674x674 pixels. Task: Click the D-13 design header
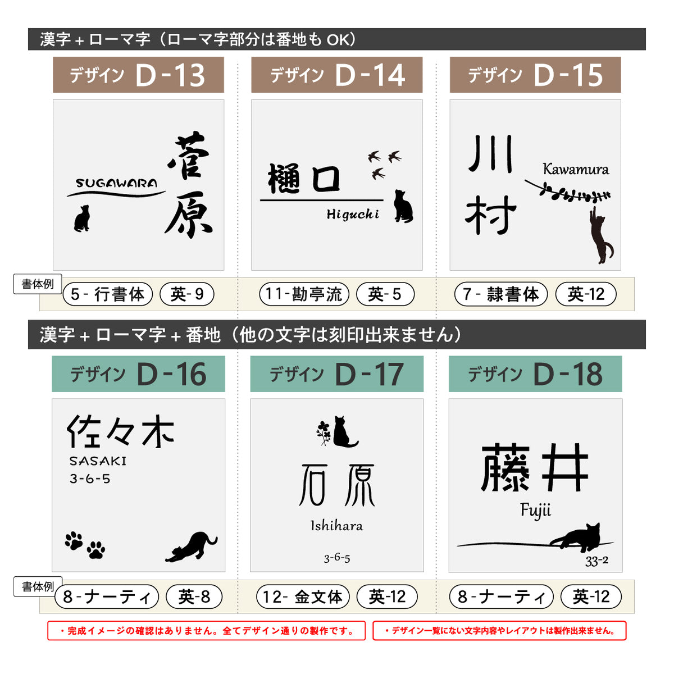coord(138,75)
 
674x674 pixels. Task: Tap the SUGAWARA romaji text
coord(116,183)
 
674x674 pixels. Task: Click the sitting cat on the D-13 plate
coord(82,218)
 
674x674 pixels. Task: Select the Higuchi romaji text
coord(353,215)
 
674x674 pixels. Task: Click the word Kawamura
coord(576,169)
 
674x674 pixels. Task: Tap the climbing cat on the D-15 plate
coord(601,235)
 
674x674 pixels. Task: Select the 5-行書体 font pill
coord(108,294)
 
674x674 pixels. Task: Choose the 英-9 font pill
coord(187,294)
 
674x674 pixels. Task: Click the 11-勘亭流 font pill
coord(304,294)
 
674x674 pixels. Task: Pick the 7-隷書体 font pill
coord(501,294)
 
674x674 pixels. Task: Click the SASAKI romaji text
coord(98,461)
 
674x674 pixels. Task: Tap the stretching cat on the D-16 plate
coord(192,547)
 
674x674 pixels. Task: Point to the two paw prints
coord(85,545)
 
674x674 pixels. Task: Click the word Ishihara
coord(337,526)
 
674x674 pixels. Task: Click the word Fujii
coord(535,511)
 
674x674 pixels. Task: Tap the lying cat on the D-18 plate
coord(575,536)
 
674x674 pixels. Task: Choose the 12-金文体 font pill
coord(303,596)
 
